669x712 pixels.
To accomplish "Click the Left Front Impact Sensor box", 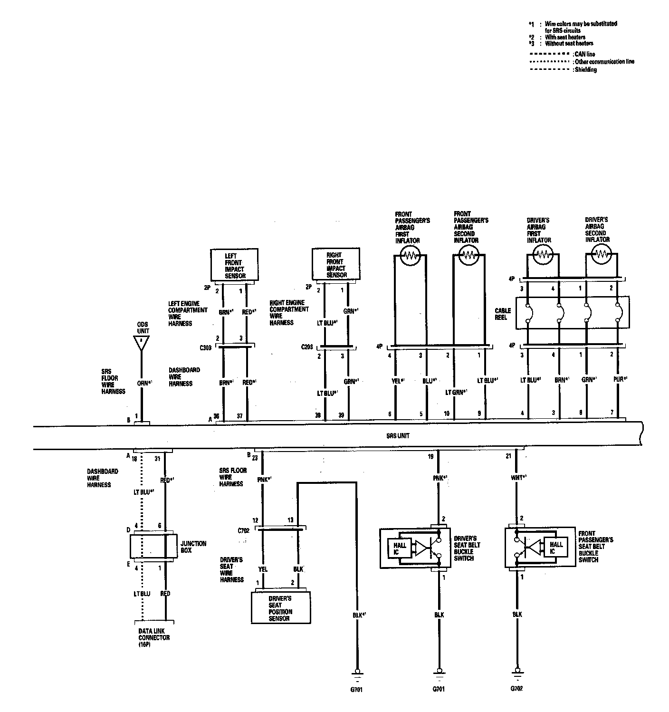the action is pyautogui.click(x=234, y=265).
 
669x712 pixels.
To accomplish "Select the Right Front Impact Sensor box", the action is pyautogui.click(x=336, y=265).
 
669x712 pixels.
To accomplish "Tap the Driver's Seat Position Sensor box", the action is pyautogui.click(x=280, y=608).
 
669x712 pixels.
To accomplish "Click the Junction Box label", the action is pyautogui.click(x=193, y=547).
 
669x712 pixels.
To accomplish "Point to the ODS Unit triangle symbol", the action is pyautogui.click(x=141, y=343).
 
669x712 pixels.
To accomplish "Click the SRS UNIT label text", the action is pyautogui.click(x=398, y=435).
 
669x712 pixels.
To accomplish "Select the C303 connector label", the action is pyautogui.click(x=205, y=347).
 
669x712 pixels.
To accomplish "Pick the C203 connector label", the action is pyautogui.click(x=307, y=347).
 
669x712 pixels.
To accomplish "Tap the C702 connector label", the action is pyautogui.click(x=243, y=530).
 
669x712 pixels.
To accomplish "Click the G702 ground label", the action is pyautogui.click(x=516, y=688).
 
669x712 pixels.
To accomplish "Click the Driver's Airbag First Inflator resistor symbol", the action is pyautogui.click(x=543, y=256).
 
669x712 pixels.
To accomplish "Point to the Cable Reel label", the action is pyautogui.click(x=503, y=314).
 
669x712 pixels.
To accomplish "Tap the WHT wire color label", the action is pyautogui.click(x=516, y=477).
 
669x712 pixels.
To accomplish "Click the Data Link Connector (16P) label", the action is pyautogui.click(x=153, y=637).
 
